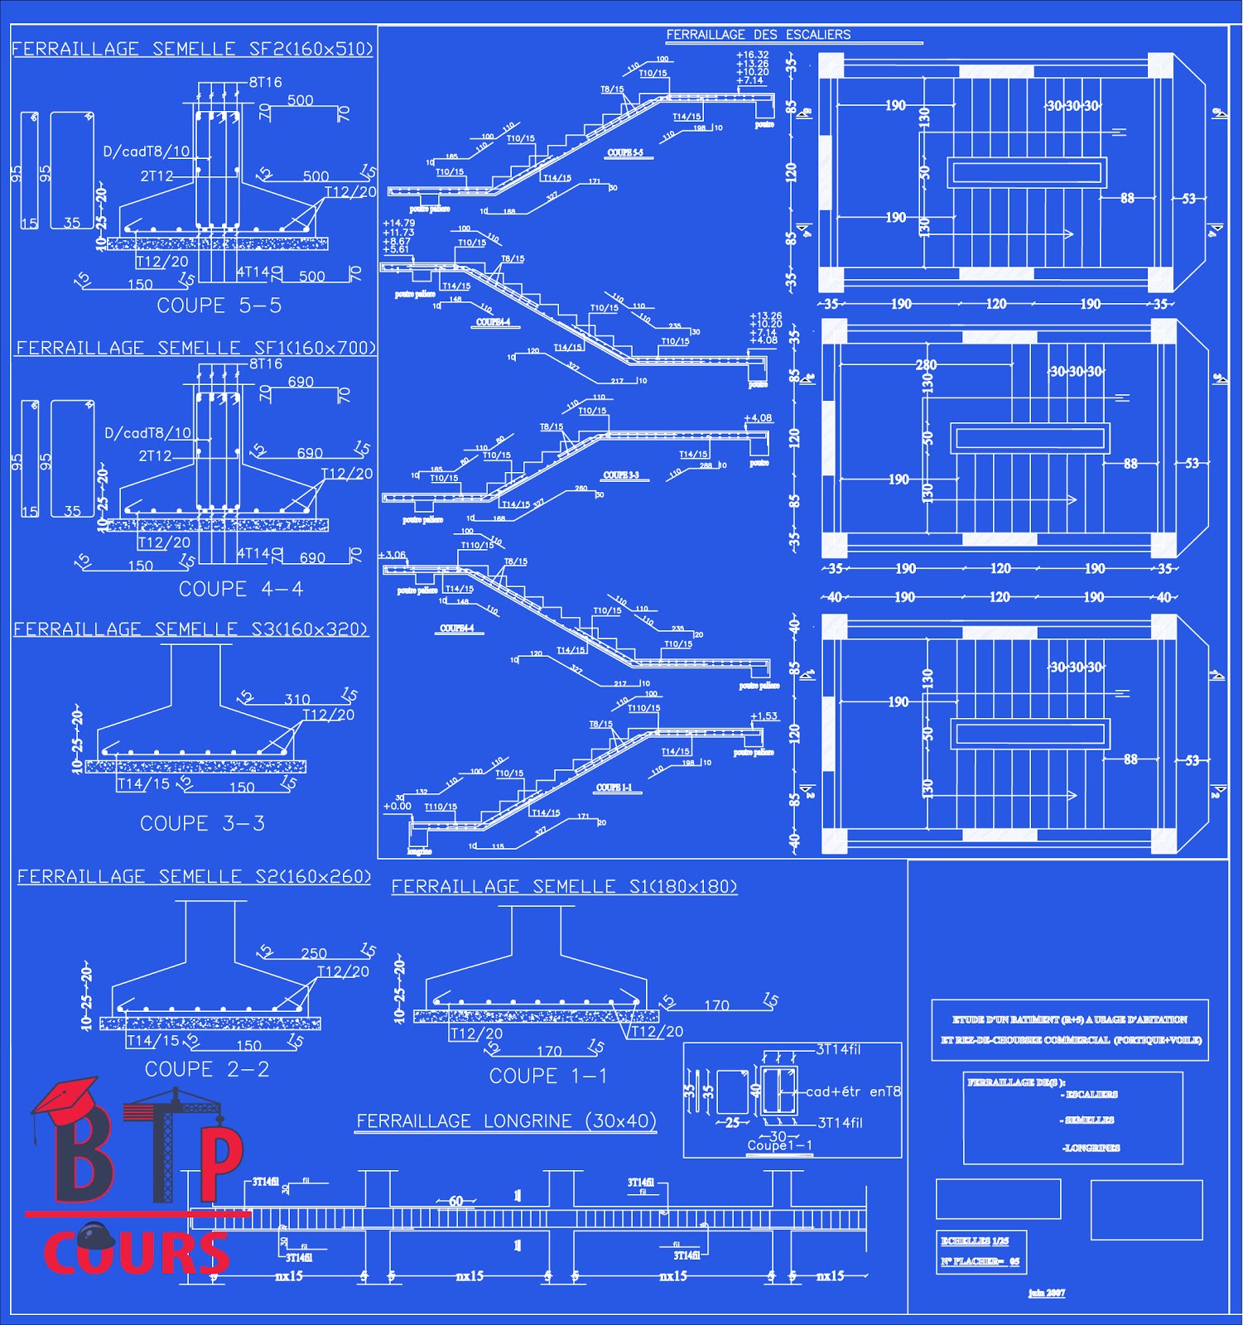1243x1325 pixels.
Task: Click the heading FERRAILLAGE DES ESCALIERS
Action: [758, 35]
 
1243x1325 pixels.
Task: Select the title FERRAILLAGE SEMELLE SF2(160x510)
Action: [192, 49]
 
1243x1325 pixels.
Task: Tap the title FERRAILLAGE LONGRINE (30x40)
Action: [506, 1121]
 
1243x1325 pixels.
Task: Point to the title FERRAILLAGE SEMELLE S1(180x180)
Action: [564, 887]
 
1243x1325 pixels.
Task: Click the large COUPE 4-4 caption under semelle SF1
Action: [241, 589]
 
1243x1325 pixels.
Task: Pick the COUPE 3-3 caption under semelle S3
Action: [202, 823]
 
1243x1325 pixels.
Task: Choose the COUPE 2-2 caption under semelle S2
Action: [207, 1069]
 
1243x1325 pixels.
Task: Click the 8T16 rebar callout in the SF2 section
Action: [265, 82]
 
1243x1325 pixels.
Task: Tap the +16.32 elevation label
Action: [752, 55]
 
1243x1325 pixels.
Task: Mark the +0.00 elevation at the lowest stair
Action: [397, 806]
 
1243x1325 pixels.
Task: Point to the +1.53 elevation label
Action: [764, 716]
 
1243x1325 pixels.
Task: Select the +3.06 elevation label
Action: [392, 555]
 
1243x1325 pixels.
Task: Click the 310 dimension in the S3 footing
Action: [297, 700]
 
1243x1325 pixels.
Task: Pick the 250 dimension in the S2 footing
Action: [314, 953]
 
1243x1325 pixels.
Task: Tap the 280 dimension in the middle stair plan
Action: [926, 364]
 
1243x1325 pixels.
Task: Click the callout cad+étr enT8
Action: [853, 1091]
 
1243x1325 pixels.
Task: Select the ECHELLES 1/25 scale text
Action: [975, 1241]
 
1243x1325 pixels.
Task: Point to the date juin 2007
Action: [1047, 1293]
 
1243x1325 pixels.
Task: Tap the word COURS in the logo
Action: [137, 1252]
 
